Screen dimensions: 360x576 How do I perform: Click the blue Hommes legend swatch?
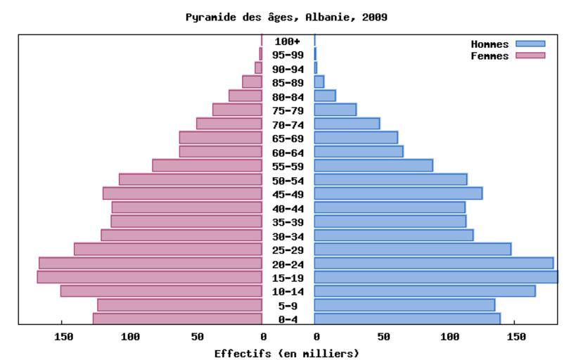click(x=530, y=44)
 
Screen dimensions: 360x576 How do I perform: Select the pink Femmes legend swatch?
click(x=530, y=56)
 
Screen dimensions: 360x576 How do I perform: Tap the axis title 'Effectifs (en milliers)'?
click(x=287, y=353)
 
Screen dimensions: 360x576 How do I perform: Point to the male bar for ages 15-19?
click(x=435, y=277)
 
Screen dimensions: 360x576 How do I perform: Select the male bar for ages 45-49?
click(x=398, y=193)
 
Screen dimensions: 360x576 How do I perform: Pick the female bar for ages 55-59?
click(x=207, y=166)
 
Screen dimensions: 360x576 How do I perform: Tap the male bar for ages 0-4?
click(x=407, y=319)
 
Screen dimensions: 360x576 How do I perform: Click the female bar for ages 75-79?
click(x=237, y=110)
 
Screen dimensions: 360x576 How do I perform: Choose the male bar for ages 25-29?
click(x=412, y=249)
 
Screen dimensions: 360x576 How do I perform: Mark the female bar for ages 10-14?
click(x=161, y=291)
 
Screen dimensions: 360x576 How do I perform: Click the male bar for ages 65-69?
click(x=356, y=138)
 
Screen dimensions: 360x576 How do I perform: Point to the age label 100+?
click(x=288, y=41)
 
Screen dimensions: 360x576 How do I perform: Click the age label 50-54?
click(x=288, y=180)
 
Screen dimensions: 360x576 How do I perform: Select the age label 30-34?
click(x=288, y=236)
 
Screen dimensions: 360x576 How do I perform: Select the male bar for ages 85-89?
click(x=319, y=82)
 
